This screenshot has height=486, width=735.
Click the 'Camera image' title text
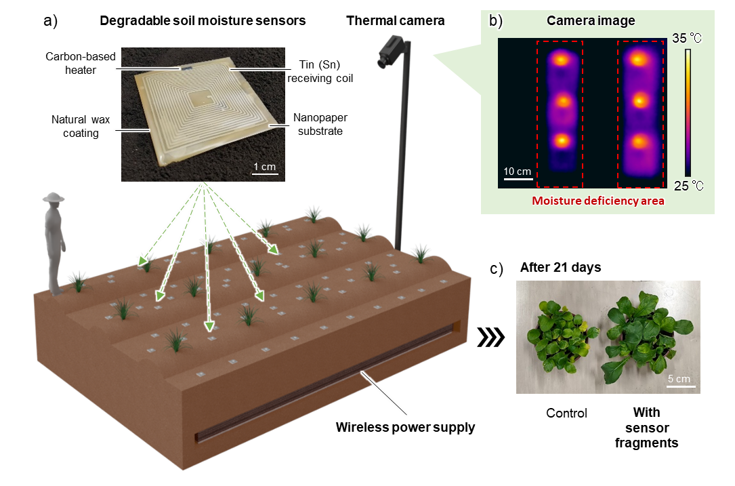(x=591, y=21)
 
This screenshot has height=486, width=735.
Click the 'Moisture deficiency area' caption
(x=597, y=201)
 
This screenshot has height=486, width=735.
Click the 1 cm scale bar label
(x=265, y=166)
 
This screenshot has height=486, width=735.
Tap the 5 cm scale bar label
(x=678, y=379)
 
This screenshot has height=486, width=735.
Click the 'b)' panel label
(x=496, y=21)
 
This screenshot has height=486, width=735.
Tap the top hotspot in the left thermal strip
(x=560, y=59)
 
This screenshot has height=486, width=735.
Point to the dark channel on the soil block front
(x=325, y=383)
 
